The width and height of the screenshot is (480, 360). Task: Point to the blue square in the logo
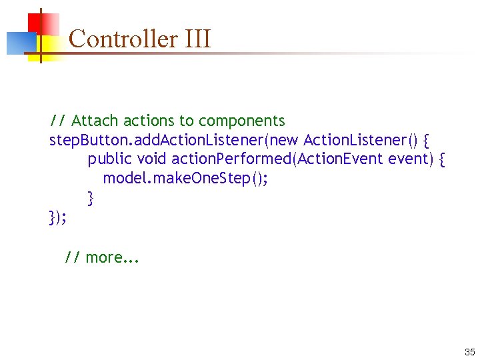[19, 43]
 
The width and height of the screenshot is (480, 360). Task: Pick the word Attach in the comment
[94, 121]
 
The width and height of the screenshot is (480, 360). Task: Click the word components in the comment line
[241, 121]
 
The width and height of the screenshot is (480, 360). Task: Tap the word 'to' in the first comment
[186, 121]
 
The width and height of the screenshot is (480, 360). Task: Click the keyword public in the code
[110, 159]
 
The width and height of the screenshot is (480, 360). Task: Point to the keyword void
[153, 159]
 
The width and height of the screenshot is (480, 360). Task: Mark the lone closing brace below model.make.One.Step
[91, 198]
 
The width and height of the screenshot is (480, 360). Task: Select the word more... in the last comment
[113, 257]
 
